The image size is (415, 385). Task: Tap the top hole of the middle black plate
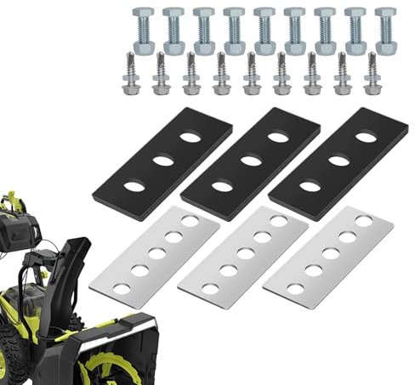(x=276, y=137)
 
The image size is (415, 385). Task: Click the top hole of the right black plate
(x=366, y=136)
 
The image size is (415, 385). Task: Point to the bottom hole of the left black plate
(x=132, y=184)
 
